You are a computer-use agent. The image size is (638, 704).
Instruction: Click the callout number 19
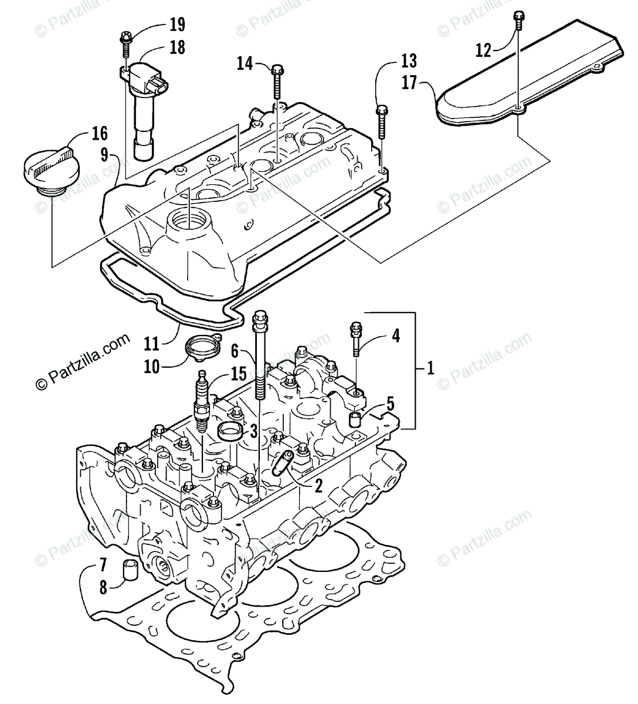(177, 25)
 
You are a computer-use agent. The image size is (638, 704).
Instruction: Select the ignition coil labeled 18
(144, 106)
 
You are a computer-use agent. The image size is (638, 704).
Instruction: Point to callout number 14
(246, 63)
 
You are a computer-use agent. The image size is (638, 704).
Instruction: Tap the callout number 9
(104, 155)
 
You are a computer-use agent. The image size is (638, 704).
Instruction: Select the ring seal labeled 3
(230, 431)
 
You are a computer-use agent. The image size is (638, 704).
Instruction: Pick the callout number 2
(318, 485)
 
